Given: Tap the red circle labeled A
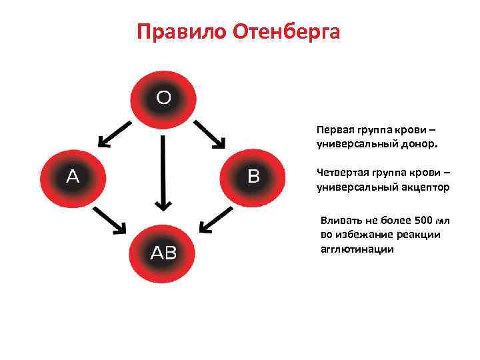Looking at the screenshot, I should (73, 177).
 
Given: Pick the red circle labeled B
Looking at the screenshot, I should (253, 177).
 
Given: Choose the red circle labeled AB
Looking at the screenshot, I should (163, 253).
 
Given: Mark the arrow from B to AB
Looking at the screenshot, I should (217, 219).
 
